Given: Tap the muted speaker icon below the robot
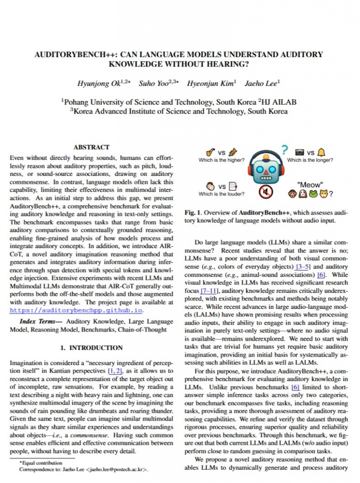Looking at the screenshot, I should [x=266, y=192].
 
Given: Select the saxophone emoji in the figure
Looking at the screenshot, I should [x=211, y=152].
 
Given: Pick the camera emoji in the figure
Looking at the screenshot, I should [x=299, y=152].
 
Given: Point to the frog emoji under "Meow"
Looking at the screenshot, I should [x=315, y=193].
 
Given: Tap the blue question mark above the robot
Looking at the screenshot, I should [x=285, y=150].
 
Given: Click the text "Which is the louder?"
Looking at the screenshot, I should [x=221, y=194].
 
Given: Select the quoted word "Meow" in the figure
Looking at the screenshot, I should [x=310, y=184].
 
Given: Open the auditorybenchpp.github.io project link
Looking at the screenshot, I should [x=75, y=310].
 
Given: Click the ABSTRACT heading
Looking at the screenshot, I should [x=92, y=147].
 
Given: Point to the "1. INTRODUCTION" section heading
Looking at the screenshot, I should [x=92, y=348].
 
